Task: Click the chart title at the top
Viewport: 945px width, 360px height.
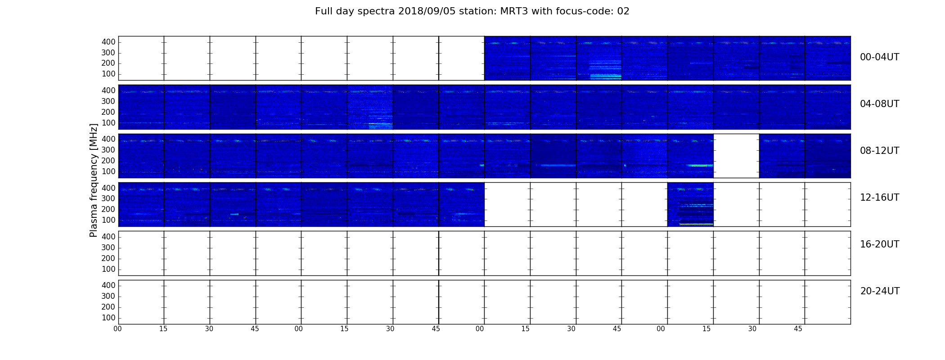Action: tap(472, 11)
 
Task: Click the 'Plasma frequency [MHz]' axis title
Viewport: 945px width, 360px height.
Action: tap(94, 180)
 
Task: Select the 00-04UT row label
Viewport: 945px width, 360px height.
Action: tap(879, 57)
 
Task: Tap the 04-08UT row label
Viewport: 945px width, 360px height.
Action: tap(879, 104)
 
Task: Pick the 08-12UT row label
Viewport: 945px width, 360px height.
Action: tap(879, 151)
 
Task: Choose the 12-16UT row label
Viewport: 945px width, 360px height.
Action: tap(879, 198)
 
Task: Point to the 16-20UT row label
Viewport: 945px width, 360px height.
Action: tap(879, 244)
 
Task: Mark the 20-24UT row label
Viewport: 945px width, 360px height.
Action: tap(880, 291)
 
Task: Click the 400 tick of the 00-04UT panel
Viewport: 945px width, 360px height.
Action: tap(108, 42)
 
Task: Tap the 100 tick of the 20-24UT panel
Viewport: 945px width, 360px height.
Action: tap(108, 318)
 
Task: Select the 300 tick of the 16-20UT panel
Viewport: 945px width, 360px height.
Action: tap(108, 247)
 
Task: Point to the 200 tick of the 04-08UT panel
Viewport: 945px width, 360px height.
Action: tap(108, 112)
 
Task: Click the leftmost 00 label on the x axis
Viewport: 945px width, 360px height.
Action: tap(117, 329)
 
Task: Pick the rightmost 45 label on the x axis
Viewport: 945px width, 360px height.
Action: tap(798, 329)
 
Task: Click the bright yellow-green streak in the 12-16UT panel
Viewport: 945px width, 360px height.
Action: tap(696, 224)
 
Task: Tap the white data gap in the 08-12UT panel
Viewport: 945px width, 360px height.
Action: tap(736, 156)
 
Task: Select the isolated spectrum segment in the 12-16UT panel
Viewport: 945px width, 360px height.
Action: tap(690, 204)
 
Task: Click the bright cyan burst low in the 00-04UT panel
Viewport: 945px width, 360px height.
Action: tap(605, 76)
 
